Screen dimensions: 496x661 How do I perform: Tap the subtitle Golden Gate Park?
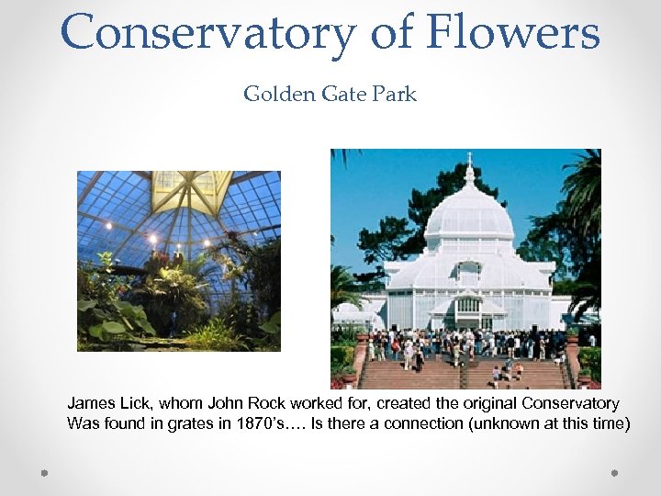pyautogui.click(x=330, y=94)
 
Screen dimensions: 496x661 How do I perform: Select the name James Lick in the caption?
pyautogui.click(x=102, y=403)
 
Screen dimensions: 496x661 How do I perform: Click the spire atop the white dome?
pyautogui.click(x=469, y=169)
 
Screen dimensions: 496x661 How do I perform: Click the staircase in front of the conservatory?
pyautogui.click(x=459, y=372)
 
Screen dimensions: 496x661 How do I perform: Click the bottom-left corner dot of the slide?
pyautogui.click(x=44, y=474)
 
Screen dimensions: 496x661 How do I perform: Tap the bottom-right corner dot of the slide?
pyautogui.click(x=616, y=474)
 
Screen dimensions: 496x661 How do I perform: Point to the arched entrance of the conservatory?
pyautogui.click(x=468, y=308)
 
